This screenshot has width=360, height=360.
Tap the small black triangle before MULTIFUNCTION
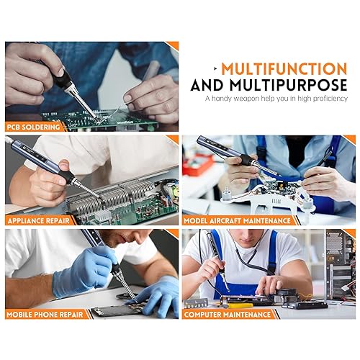(x=215, y=68)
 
